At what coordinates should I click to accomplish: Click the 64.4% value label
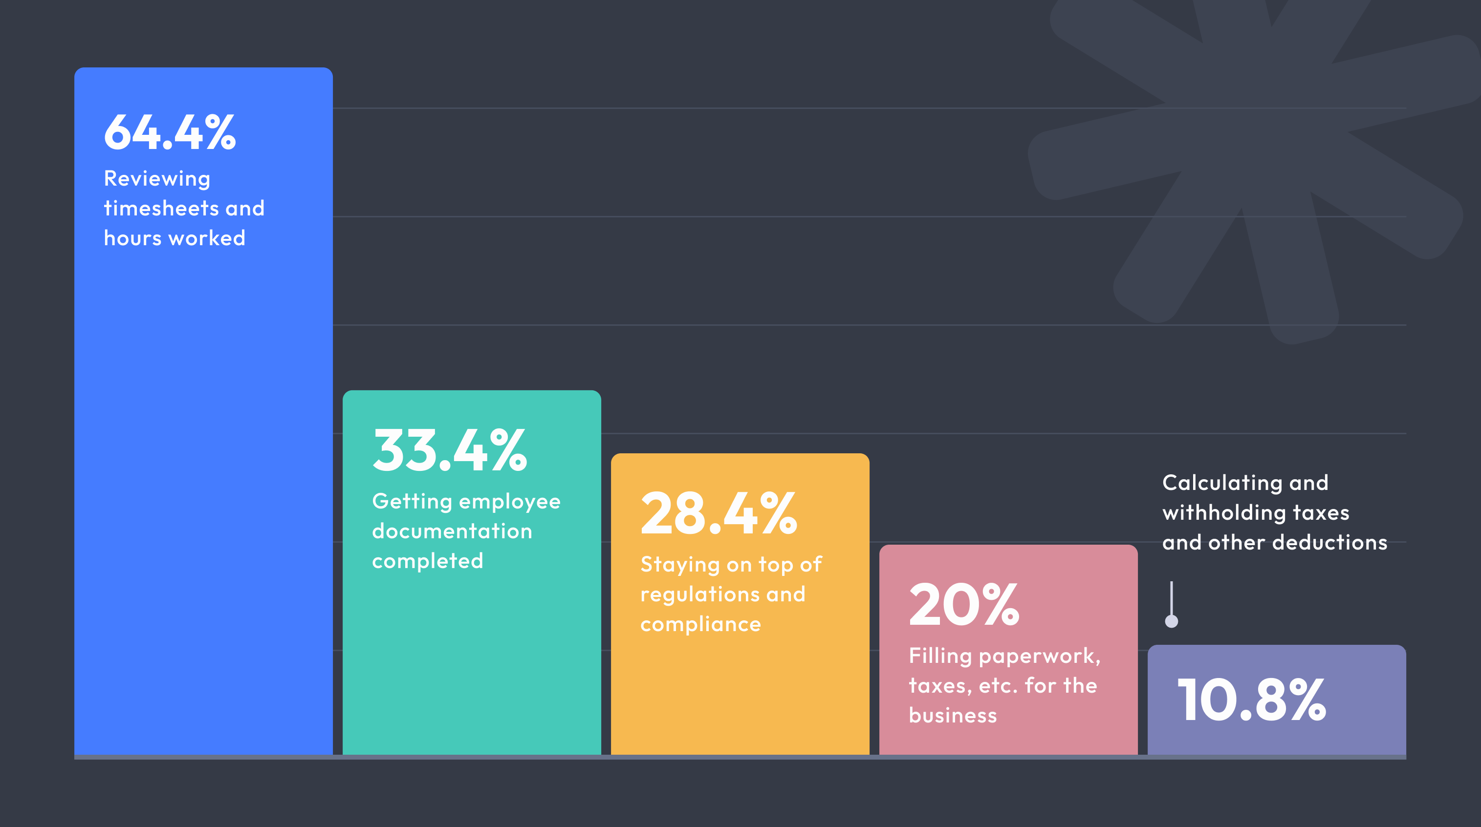tap(170, 133)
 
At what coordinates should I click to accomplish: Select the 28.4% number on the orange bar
tap(719, 513)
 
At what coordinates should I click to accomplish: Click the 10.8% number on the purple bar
tap(1252, 700)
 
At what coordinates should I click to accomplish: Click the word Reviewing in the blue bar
tap(157, 179)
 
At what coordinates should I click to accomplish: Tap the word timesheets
tap(160, 209)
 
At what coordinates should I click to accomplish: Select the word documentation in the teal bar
tap(452, 531)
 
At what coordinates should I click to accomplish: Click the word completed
tap(427, 561)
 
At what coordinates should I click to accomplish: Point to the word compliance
tap(700, 624)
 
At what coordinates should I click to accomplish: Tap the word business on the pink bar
tap(953, 716)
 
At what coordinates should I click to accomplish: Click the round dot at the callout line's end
tap(1171, 621)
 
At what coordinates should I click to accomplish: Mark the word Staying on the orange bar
tap(679, 566)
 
